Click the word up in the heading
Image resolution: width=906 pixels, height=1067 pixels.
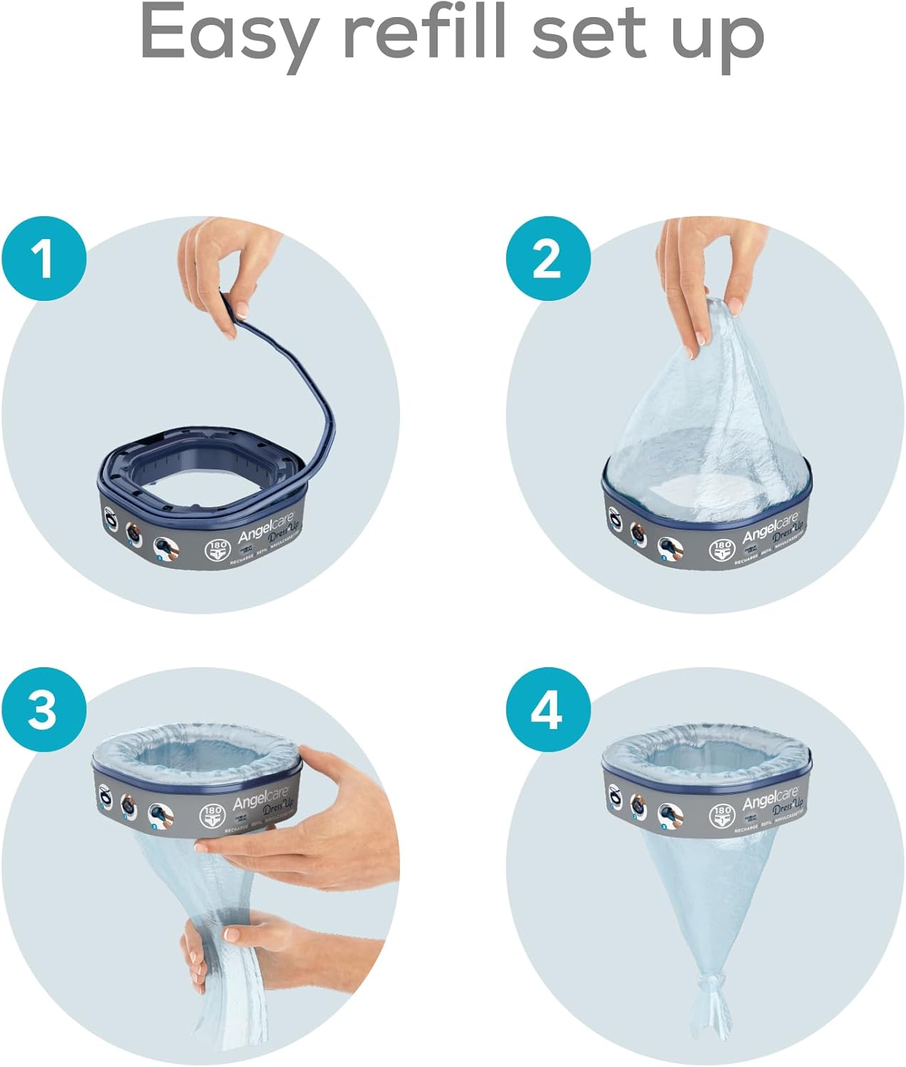click(x=718, y=39)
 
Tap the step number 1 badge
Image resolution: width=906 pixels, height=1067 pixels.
click(x=44, y=258)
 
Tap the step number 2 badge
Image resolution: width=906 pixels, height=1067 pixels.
click(x=548, y=258)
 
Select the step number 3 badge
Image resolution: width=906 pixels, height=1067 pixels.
click(x=44, y=709)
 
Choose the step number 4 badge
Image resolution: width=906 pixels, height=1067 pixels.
click(x=548, y=709)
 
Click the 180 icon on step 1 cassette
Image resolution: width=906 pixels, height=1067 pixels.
click(x=216, y=551)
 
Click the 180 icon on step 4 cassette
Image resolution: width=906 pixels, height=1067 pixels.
click(x=722, y=814)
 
